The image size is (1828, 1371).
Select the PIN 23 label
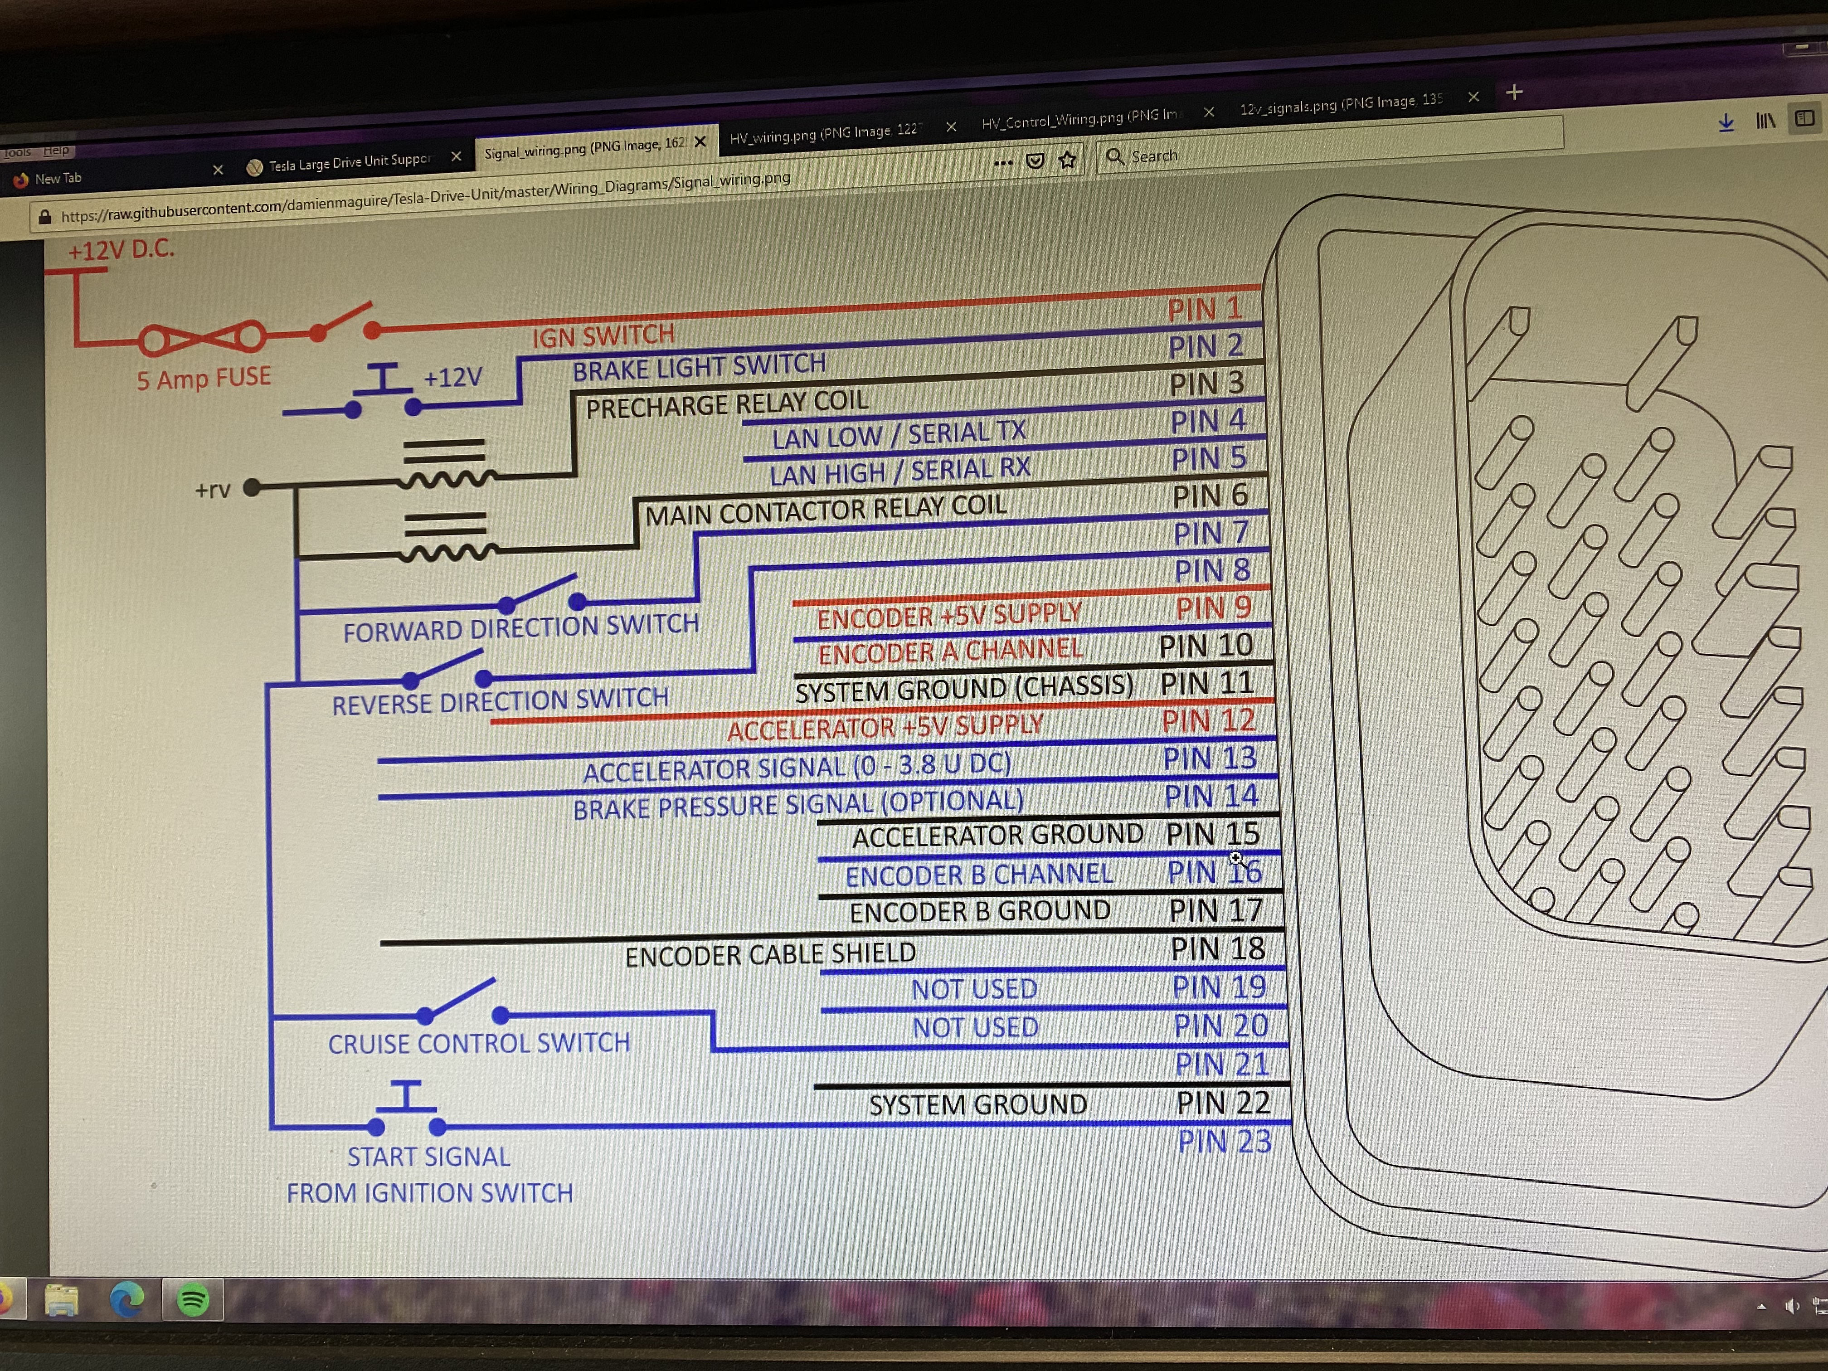click(x=1224, y=1141)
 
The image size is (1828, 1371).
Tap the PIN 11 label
click(x=1206, y=683)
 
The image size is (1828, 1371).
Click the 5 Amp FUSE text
click(x=203, y=379)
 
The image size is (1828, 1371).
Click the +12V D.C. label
click(x=121, y=249)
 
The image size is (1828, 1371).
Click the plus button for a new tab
click(x=1514, y=92)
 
